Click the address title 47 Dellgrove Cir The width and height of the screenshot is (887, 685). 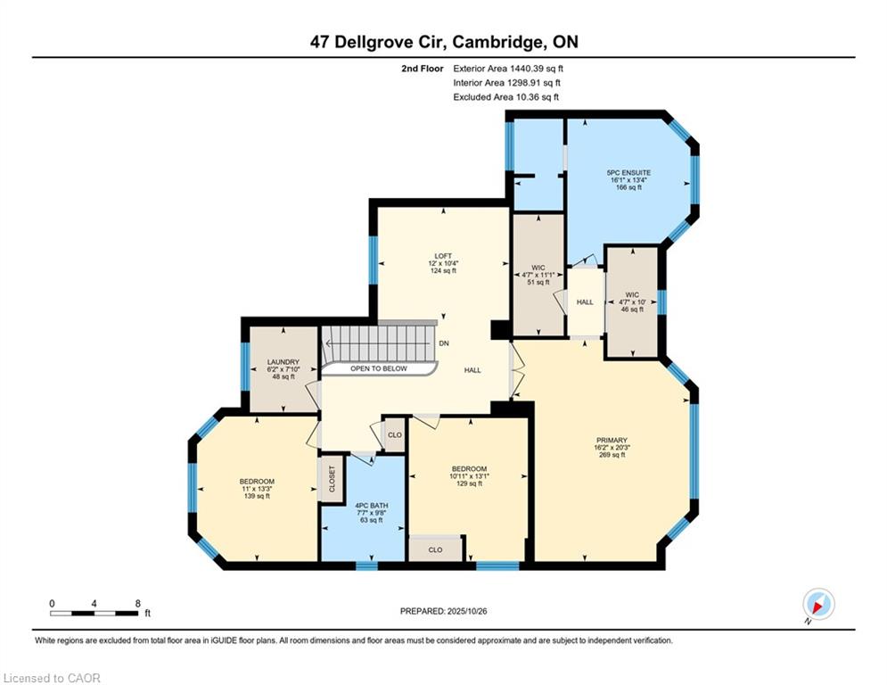click(443, 42)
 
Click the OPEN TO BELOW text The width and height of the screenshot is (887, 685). click(378, 368)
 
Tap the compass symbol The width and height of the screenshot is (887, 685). click(817, 605)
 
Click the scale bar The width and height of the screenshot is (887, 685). click(94, 613)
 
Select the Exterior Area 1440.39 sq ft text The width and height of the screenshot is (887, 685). click(508, 68)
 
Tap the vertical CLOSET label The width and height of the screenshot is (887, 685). click(332, 479)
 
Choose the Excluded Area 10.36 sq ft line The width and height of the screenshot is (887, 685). click(506, 96)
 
